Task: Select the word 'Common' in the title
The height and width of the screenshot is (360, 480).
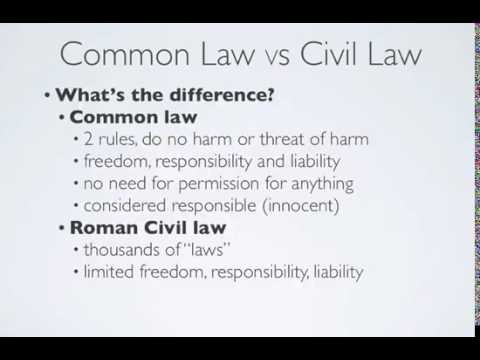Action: pyautogui.click(x=125, y=54)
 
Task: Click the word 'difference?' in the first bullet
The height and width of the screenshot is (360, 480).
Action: pyautogui.click(x=222, y=95)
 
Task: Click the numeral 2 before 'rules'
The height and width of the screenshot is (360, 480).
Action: pyautogui.click(x=88, y=139)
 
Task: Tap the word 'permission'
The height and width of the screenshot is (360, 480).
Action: pyautogui.click(x=219, y=184)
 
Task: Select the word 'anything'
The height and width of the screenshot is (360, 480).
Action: pyautogui.click(x=322, y=184)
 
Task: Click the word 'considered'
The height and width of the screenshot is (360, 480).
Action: pyautogui.click(x=125, y=205)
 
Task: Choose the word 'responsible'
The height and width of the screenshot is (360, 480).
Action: pyautogui.click(x=214, y=206)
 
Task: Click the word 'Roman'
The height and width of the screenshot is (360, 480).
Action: pyautogui.click(x=104, y=228)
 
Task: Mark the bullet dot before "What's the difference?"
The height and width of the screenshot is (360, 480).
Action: pyautogui.click(x=47, y=96)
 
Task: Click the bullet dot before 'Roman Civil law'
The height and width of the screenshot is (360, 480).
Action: pyautogui.click(x=62, y=228)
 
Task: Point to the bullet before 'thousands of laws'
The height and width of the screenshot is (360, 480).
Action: pyautogui.click(x=76, y=250)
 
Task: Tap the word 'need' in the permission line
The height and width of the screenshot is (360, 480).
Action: pyautogui.click(x=127, y=184)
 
